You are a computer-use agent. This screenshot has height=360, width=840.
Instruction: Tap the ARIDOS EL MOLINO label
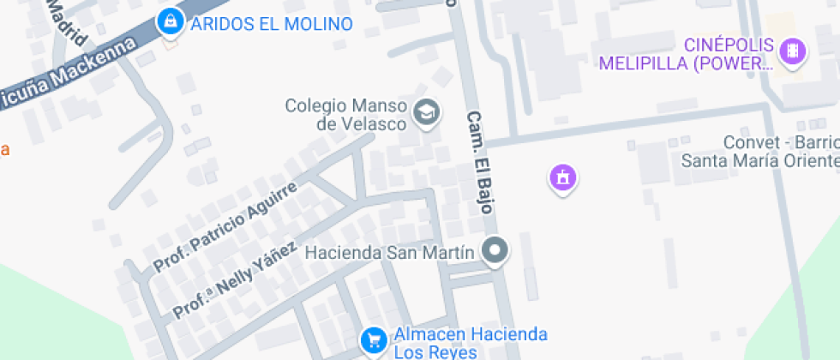click(x=271, y=24)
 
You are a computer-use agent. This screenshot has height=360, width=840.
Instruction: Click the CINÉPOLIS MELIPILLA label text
click(x=687, y=54)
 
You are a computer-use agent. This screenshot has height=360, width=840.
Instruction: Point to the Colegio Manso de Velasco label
click(x=345, y=115)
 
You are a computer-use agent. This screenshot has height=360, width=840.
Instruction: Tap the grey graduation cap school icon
click(x=426, y=111)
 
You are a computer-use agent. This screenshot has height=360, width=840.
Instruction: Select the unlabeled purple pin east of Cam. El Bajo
click(x=562, y=178)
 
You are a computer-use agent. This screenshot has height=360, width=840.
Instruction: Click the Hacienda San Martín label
click(x=389, y=253)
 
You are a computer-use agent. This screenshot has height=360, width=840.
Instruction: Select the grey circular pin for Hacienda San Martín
click(x=495, y=252)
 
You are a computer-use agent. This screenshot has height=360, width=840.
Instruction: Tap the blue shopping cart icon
click(x=372, y=339)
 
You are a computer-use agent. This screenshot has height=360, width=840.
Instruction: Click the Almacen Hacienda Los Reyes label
click(x=470, y=342)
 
